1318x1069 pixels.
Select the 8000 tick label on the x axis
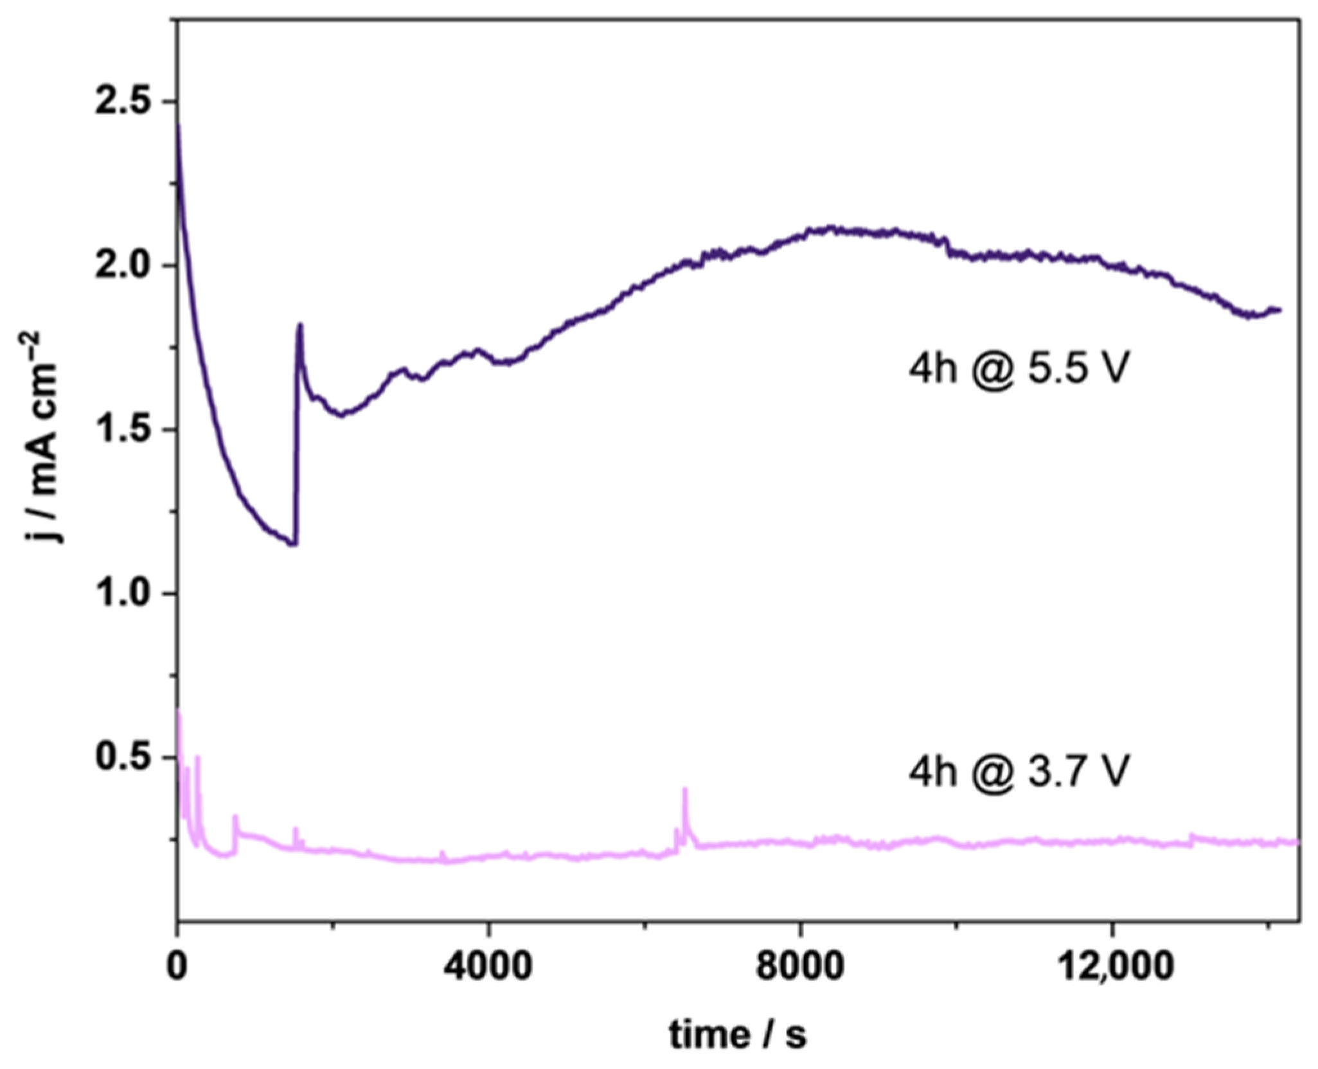click(800, 967)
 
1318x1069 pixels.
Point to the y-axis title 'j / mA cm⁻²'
click(44, 437)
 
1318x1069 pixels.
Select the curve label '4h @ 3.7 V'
click(1019, 771)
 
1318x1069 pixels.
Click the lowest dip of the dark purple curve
click(294, 544)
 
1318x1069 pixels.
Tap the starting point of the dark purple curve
click(178, 125)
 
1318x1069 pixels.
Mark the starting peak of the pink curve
click(179, 711)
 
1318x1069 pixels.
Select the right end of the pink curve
click(1297, 842)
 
